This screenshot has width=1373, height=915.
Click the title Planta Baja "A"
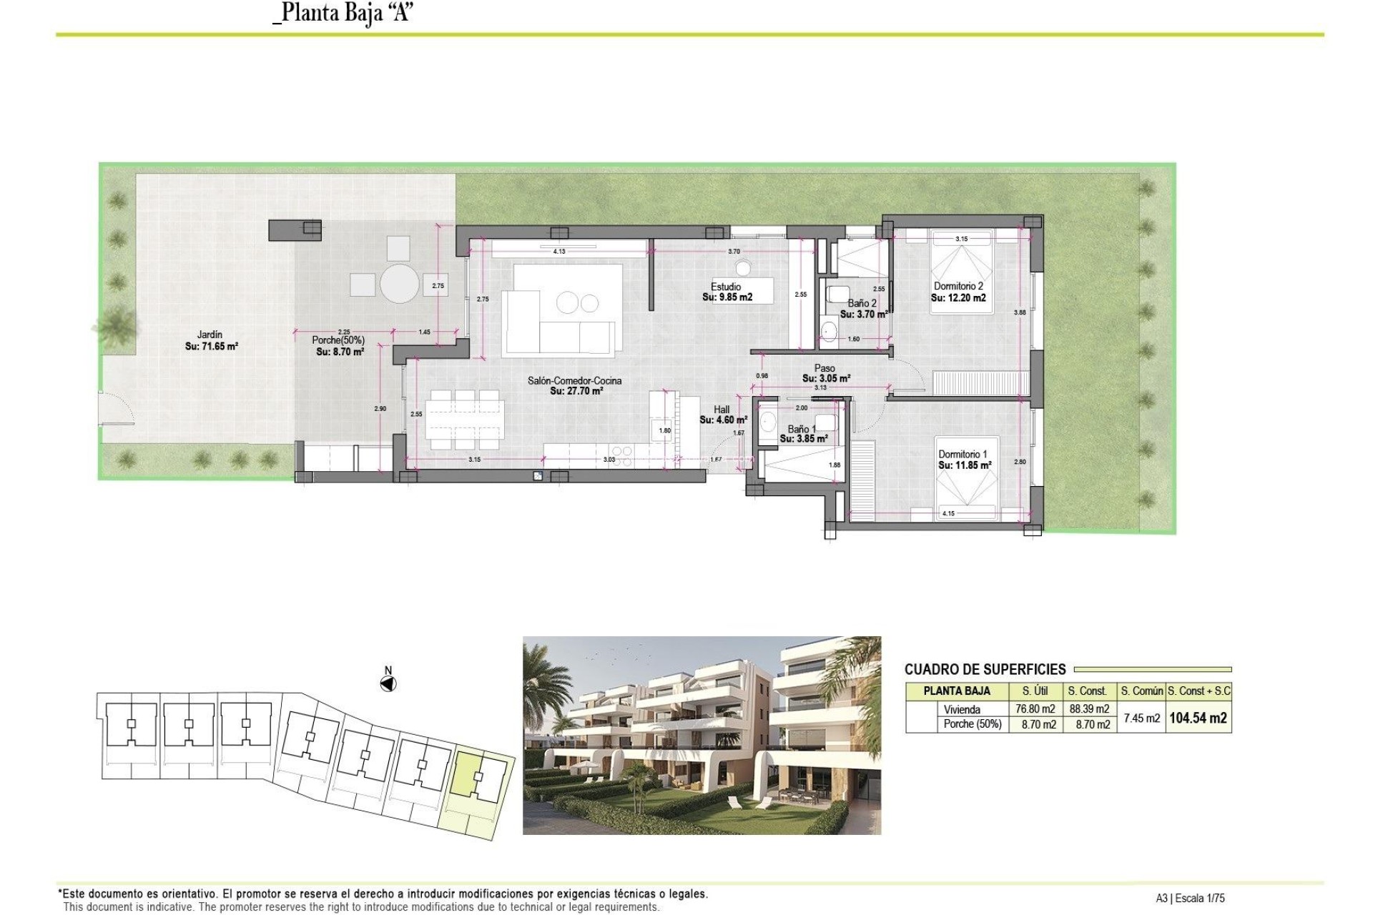(x=344, y=13)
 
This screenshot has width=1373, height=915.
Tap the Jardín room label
(x=210, y=335)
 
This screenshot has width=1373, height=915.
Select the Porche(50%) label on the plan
(x=338, y=340)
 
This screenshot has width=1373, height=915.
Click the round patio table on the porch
(x=399, y=284)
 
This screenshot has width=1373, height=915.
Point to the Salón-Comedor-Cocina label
(x=574, y=380)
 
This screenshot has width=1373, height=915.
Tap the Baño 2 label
(x=862, y=303)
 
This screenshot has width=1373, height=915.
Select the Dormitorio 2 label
(x=958, y=286)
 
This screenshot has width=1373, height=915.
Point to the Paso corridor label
(x=824, y=368)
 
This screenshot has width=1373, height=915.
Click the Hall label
(x=722, y=410)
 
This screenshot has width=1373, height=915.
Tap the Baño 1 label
(x=801, y=429)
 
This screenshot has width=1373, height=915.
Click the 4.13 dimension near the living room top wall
(x=559, y=252)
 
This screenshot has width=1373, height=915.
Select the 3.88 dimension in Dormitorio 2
(x=1020, y=312)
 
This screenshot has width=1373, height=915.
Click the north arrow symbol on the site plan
(x=388, y=684)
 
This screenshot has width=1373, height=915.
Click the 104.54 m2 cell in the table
(x=1198, y=718)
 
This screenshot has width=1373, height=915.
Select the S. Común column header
(x=1141, y=691)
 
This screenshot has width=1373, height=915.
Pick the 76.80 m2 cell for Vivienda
(x=1035, y=709)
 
